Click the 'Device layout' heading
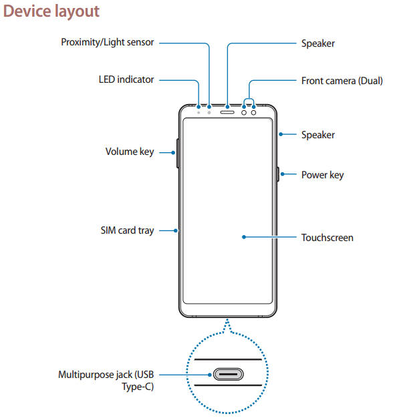(x=51, y=11)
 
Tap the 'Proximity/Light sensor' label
(x=107, y=43)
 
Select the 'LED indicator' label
(x=126, y=79)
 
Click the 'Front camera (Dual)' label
(x=342, y=80)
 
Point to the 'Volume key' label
(x=130, y=152)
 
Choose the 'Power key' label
(x=322, y=175)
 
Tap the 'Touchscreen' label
(x=327, y=237)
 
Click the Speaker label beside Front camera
(x=318, y=43)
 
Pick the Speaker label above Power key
(x=317, y=135)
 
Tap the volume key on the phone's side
(x=177, y=154)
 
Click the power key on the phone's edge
(x=278, y=175)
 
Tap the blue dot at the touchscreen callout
(x=245, y=237)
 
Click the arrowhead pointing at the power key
(x=282, y=175)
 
